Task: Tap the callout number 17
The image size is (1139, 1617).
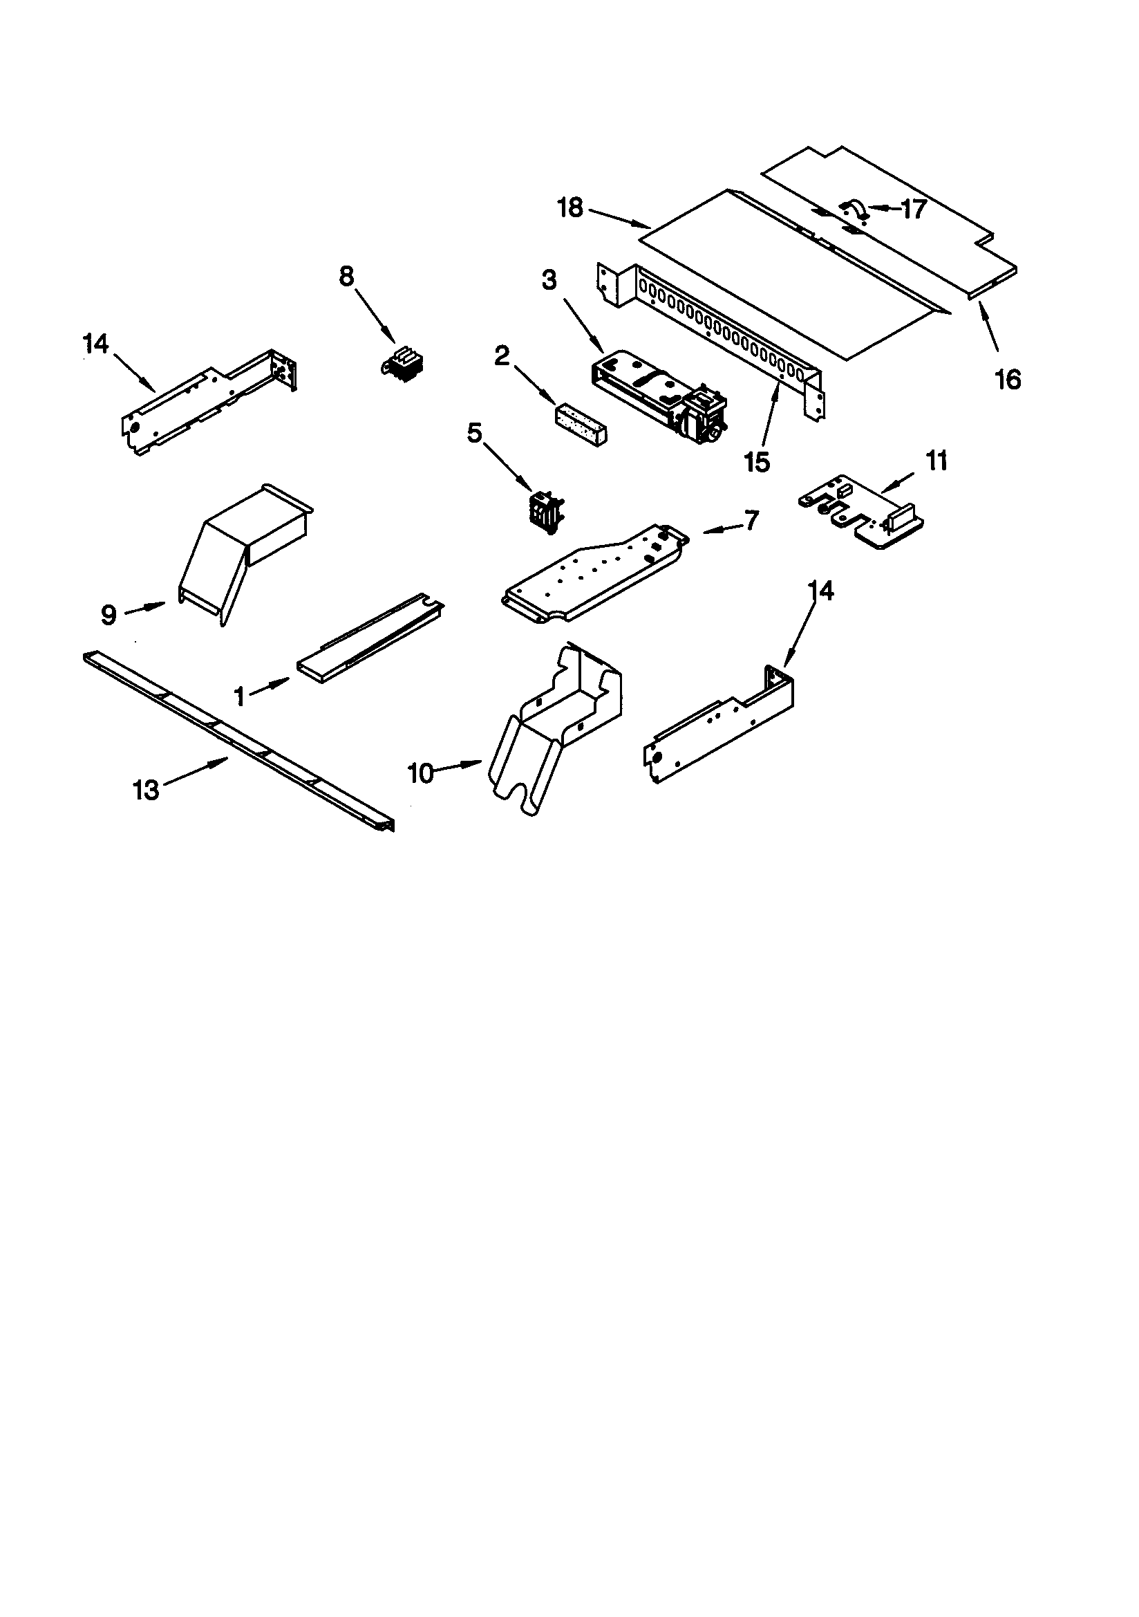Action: [x=913, y=209]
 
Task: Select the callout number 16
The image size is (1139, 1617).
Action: [x=1008, y=380]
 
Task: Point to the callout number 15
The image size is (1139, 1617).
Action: [x=757, y=462]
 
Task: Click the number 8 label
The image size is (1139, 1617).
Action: [x=346, y=277]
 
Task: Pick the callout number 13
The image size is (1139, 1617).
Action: [x=147, y=791]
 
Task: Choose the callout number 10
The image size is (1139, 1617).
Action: [x=421, y=773]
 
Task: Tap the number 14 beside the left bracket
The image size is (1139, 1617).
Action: [x=96, y=344]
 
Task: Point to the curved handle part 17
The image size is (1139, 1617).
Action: [x=854, y=210]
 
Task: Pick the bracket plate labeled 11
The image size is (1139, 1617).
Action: [x=863, y=510]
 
